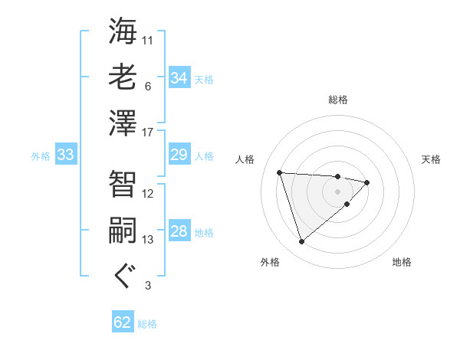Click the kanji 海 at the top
pos(123,32)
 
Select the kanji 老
pos(123,77)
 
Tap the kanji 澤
pos(123,123)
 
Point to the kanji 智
pos(123,184)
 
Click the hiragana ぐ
pos(123,276)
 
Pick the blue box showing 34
pos(179,78)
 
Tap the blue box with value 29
pos(179,155)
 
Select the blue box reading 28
pos(179,232)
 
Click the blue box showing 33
pos(66,155)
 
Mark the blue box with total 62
pos(123,322)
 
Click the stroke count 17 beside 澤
pos(148,133)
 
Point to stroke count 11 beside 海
pos(148,40)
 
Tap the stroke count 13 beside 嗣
pos(148,240)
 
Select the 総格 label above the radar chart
pos(338,100)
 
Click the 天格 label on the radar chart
pos(432,159)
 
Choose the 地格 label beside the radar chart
pos(402,263)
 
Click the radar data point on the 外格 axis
pos(301,242)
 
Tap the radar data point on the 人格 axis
pos(280,172)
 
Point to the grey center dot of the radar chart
pos(337,191)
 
